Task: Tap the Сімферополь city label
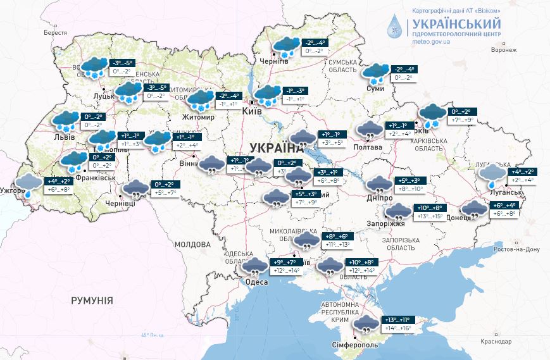(x=355, y=345)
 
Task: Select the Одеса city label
(x=256, y=282)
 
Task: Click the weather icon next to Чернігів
(x=285, y=46)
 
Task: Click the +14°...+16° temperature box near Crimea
(x=396, y=329)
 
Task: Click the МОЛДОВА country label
(x=192, y=244)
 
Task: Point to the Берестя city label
(x=55, y=32)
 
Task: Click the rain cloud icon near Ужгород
(x=28, y=185)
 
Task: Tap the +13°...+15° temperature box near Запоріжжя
(x=428, y=216)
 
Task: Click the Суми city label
(x=375, y=89)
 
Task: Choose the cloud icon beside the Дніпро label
(x=379, y=185)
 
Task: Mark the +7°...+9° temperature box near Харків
(x=462, y=120)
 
